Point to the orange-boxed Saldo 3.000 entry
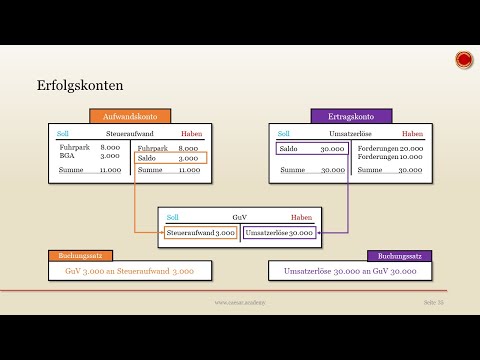169,158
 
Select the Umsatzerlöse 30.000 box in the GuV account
278,232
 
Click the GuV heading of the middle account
239,216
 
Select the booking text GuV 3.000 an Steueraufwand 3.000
129,271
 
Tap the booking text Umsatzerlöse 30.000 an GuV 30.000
349,271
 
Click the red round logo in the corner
464,60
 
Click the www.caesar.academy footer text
239,301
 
